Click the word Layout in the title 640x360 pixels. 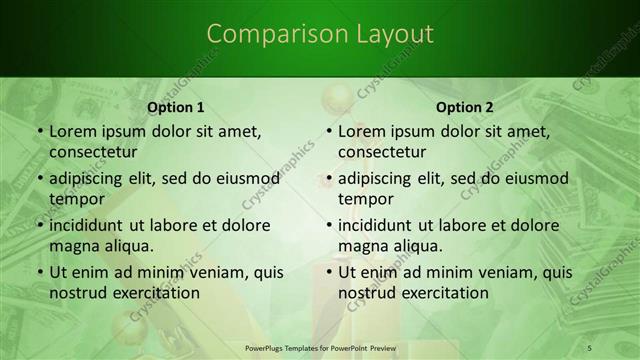point(395,34)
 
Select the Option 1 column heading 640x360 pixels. point(176,107)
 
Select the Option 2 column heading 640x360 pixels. point(465,107)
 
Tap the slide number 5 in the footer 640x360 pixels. point(590,347)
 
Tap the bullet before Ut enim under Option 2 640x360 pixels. point(328,272)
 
